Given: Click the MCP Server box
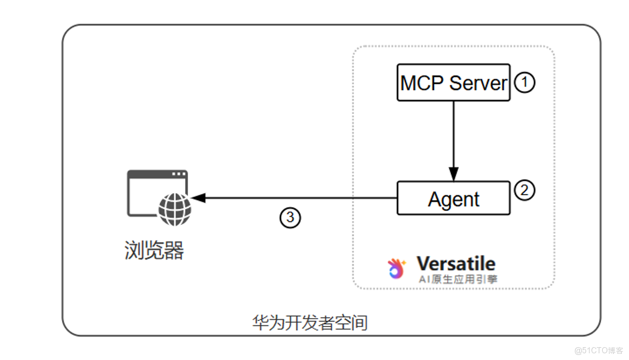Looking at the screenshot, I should click(x=453, y=82).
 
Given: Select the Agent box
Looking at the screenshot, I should click(x=453, y=198).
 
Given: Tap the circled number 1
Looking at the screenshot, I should click(x=524, y=83).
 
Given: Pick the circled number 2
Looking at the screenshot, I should click(x=524, y=190).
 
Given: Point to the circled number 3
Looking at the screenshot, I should click(x=290, y=218).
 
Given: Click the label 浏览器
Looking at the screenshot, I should click(x=154, y=251).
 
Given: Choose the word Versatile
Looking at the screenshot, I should click(x=456, y=263).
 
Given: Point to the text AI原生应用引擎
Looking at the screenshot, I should click(x=458, y=279).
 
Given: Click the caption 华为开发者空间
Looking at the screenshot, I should click(x=310, y=323).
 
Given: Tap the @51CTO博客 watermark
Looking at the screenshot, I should click(x=598, y=351).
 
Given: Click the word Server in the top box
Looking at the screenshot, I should click(x=478, y=83).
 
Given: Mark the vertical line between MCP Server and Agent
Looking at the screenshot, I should click(x=453, y=134).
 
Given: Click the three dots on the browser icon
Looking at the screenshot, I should click(x=179, y=174).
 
